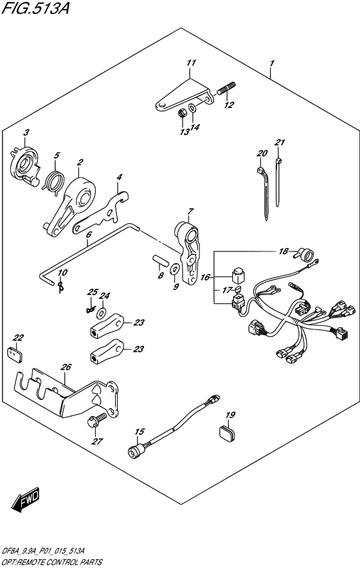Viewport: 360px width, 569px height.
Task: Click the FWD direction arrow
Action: (x=25, y=500)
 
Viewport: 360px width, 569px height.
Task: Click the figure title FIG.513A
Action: (x=35, y=8)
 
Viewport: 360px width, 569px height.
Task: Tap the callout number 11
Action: (x=192, y=63)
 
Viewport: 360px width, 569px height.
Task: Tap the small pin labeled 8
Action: (x=160, y=260)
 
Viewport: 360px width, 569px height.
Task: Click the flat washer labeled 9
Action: (x=175, y=269)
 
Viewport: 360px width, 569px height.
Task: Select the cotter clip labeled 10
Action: (x=62, y=286)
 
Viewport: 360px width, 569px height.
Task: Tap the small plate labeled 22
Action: (x=15, y=354)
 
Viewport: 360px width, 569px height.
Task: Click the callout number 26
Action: (x=66, y=367)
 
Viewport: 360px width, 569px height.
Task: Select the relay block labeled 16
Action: (x=238, y=275)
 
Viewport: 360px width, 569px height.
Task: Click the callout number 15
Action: (x=139, y=431)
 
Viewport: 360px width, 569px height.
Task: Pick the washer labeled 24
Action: (x=103, y=311)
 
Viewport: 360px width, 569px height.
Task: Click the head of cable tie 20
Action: (x=260, y=170)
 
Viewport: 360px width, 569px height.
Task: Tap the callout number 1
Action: (x=272, y=64)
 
